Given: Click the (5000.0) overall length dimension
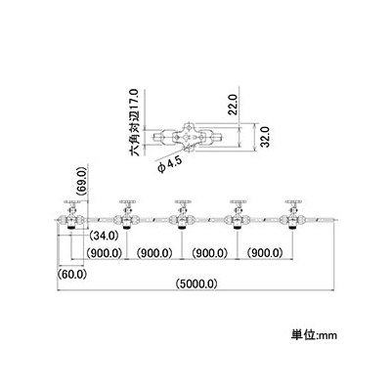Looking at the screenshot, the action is [196, 283].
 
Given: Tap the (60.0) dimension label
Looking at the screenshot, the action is [72, 274].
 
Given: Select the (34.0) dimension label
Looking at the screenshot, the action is [104, 236].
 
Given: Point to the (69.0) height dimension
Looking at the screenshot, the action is [82, 182].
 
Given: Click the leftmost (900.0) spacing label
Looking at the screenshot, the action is [104, 252].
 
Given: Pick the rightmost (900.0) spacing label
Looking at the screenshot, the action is [265, 252].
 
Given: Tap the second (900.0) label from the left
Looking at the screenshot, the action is [154, 252].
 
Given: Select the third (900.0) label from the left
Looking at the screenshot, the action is [209, 252].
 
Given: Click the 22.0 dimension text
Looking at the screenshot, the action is [234, 104].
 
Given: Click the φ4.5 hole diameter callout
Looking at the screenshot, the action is [169, 164].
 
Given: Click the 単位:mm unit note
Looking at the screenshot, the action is [314, 334].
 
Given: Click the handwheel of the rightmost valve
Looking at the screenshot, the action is [293, 202].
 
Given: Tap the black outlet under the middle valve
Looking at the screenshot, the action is [183, 228].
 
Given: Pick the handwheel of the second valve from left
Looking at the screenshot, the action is [127, 202].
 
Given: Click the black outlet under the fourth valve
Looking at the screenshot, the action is [238, 228].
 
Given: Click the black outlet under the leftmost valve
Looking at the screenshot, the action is [71, 228].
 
